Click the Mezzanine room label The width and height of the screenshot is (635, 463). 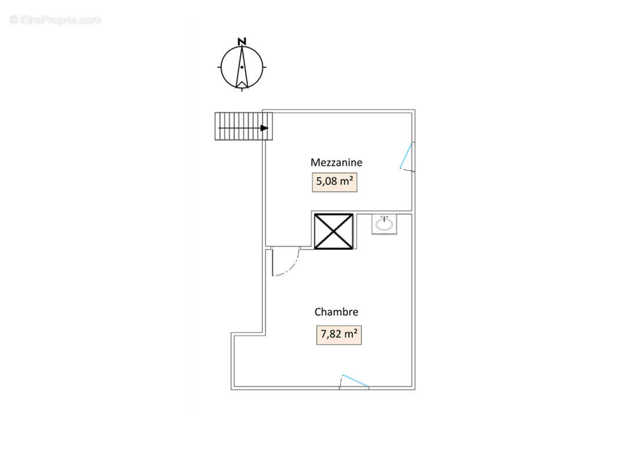[336, 162]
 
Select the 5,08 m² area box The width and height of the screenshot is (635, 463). [334, 182]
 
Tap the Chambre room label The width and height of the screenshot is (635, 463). [336, 312]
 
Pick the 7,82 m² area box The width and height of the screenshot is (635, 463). [339, 335]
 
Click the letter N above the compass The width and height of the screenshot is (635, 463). [242, 41]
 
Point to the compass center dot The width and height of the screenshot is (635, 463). [242, 67]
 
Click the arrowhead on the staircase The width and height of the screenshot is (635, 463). [264, 128]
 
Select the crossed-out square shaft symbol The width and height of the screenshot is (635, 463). [334, 231]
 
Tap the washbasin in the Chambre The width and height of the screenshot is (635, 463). [384, 224]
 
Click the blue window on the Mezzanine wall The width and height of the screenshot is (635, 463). [406, 155]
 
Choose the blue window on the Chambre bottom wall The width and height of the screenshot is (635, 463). [355, 381]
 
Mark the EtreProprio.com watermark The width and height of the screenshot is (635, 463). [55, 20]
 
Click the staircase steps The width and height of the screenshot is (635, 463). [243, 127]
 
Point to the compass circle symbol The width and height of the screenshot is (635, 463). [242, 67]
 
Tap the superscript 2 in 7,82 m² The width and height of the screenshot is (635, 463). [355, 331]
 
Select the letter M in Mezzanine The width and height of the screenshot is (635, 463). [315, 162]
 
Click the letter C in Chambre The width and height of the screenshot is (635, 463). [318, 312]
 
